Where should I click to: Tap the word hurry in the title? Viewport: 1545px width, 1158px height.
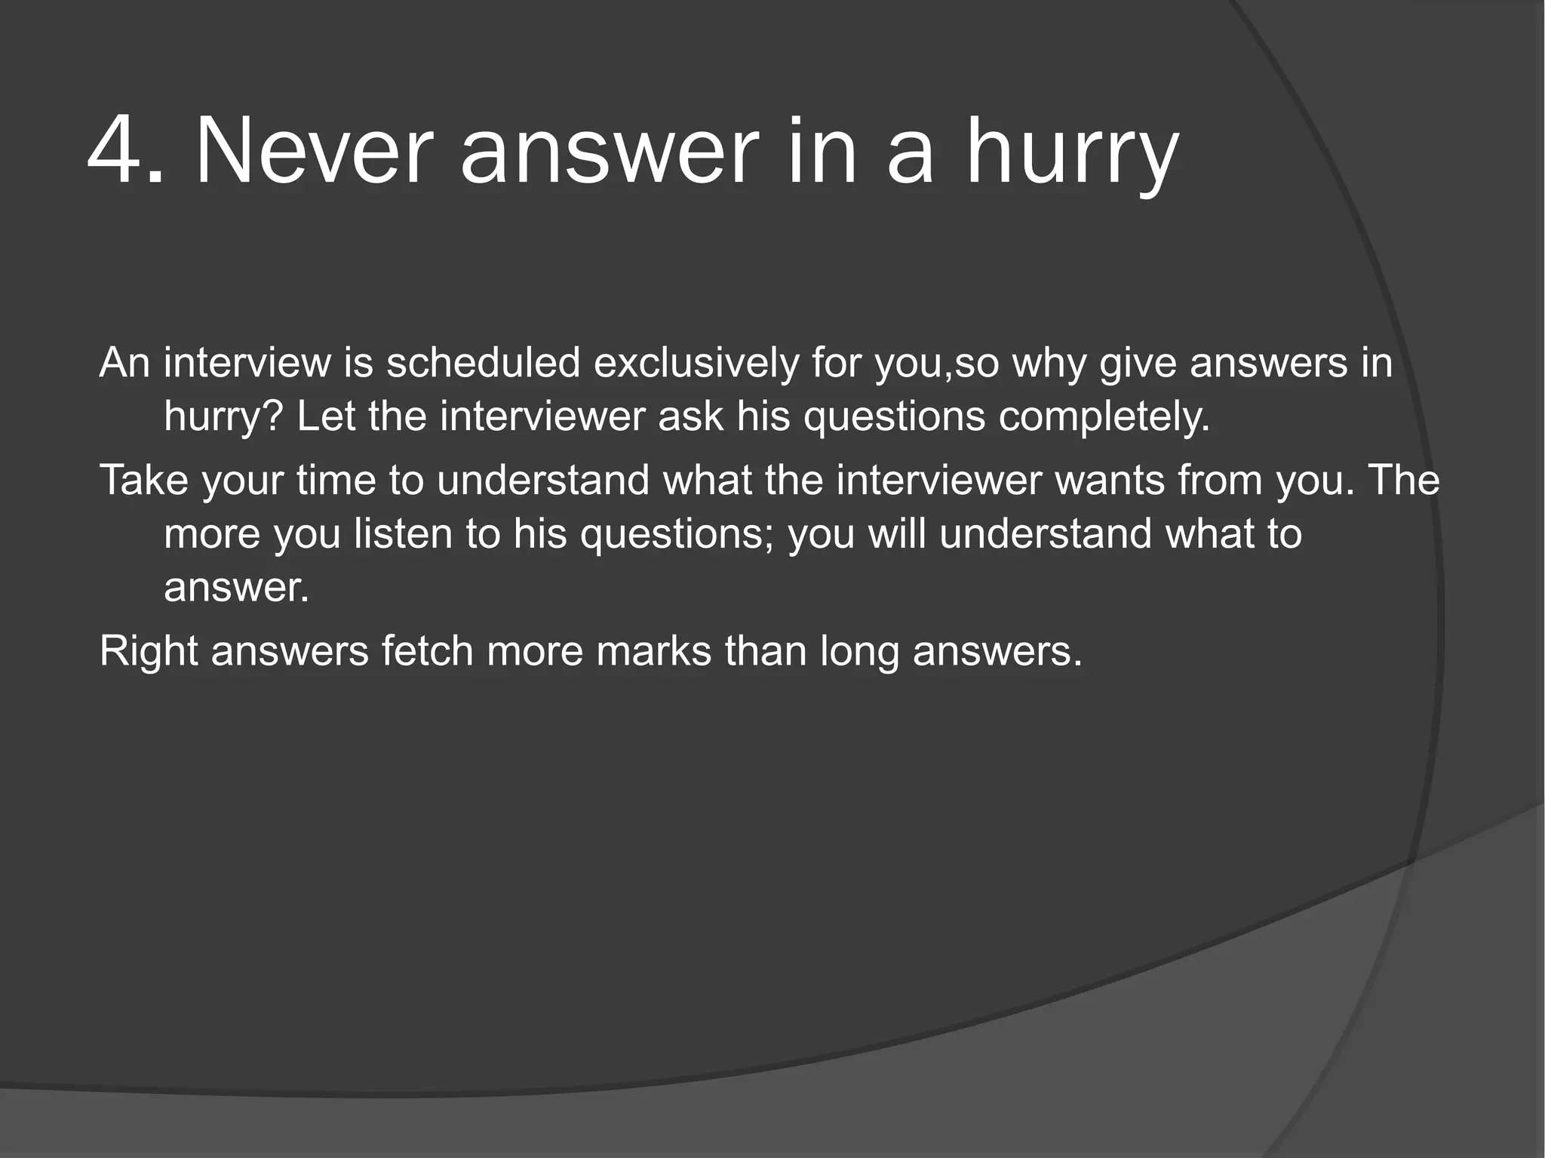tap(1072, 155)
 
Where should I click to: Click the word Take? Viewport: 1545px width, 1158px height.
tap(143, 481)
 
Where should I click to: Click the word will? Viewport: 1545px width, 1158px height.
tap(897, 534)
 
